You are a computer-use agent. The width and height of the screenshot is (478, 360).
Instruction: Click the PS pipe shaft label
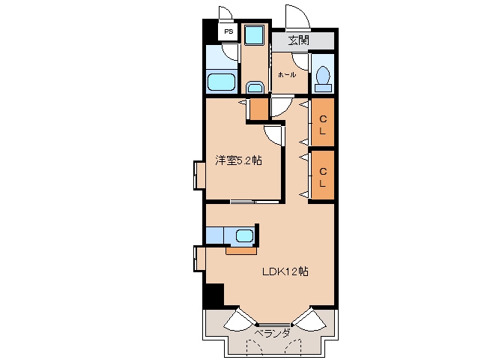pos(229,31)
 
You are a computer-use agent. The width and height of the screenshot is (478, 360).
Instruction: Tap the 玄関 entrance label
pos(299,40)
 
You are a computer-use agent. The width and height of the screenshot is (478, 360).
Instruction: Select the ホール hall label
pos(286,74)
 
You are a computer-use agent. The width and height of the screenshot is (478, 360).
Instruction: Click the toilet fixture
pos(323,79)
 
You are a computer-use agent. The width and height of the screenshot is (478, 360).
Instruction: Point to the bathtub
pos(222,82)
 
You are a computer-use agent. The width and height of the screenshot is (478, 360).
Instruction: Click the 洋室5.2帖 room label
pos(238,160)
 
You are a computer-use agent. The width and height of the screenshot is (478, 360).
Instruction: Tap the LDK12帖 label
pos(285,271)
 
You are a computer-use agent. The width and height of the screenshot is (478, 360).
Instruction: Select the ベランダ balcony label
pos(272,333)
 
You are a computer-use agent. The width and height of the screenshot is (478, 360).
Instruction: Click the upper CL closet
pos(323,121)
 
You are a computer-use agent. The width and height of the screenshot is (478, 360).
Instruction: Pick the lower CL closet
pos(323,175)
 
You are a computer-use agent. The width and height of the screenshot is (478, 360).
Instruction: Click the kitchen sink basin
pos(244,235)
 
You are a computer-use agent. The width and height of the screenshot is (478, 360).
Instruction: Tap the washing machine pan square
pos(254,35)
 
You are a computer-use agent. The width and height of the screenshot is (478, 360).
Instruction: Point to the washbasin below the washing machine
pos(255,88)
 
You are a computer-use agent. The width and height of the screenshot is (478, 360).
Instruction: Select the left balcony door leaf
pos(240,320)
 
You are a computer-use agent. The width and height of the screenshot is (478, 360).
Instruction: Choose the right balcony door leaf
pos(309,319)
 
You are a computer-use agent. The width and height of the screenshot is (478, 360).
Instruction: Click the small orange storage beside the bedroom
pos(259,109)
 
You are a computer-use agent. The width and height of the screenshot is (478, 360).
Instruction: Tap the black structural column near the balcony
pos(214,295)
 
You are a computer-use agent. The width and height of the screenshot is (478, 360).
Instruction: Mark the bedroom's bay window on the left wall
pos(200,175)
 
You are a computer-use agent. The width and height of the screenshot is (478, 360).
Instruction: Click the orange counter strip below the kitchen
pos(241,250)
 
